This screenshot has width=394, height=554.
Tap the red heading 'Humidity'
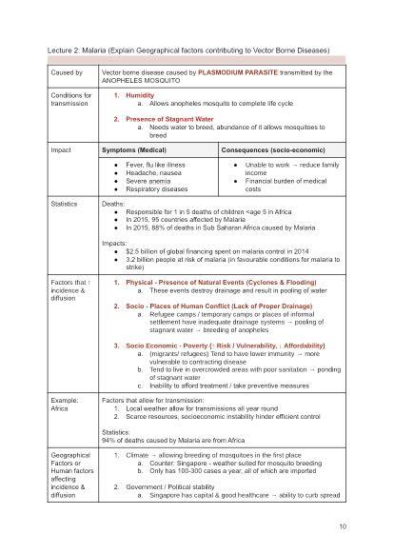(140, 96)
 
